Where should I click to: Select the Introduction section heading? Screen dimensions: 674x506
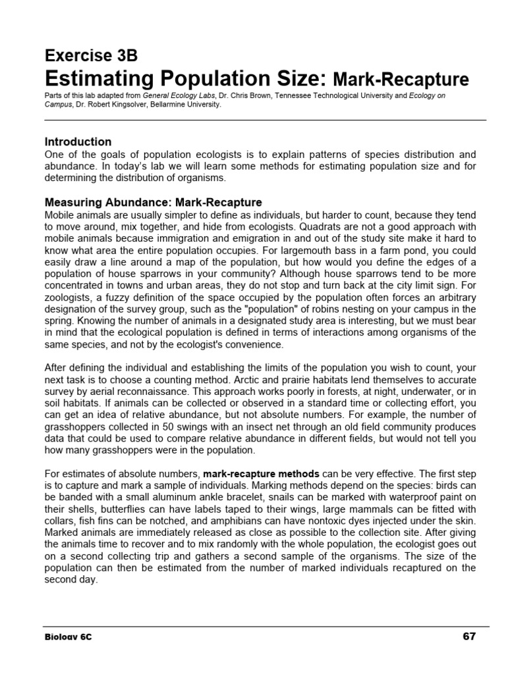tap(78, 142)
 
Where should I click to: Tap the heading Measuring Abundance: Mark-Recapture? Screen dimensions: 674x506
tap(153, 202)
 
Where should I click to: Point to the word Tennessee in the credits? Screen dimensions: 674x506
tap(300, 95)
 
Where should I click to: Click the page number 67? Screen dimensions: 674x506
tap(468, 636)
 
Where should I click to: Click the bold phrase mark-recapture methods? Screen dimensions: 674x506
tap(262, 473)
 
